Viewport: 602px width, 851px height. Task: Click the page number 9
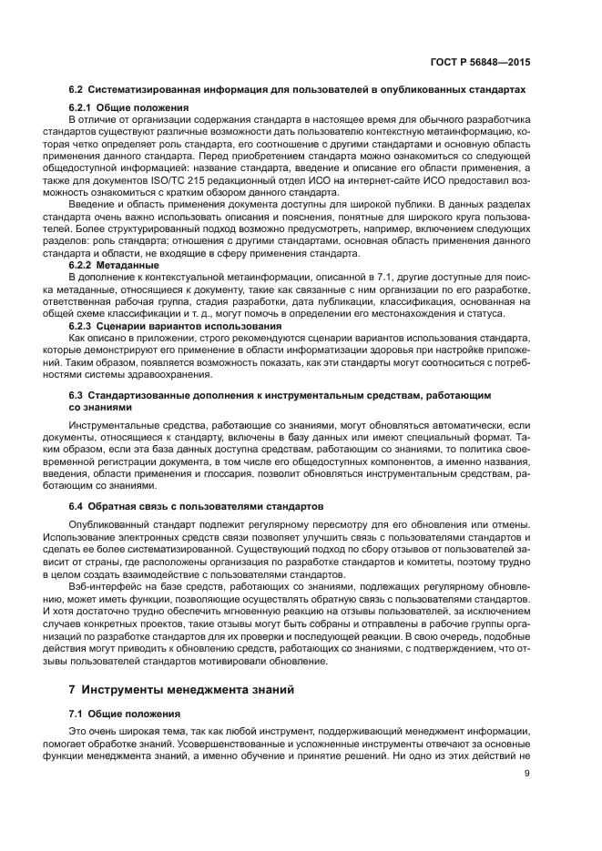(527, 775)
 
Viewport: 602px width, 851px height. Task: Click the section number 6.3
(77, 397)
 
